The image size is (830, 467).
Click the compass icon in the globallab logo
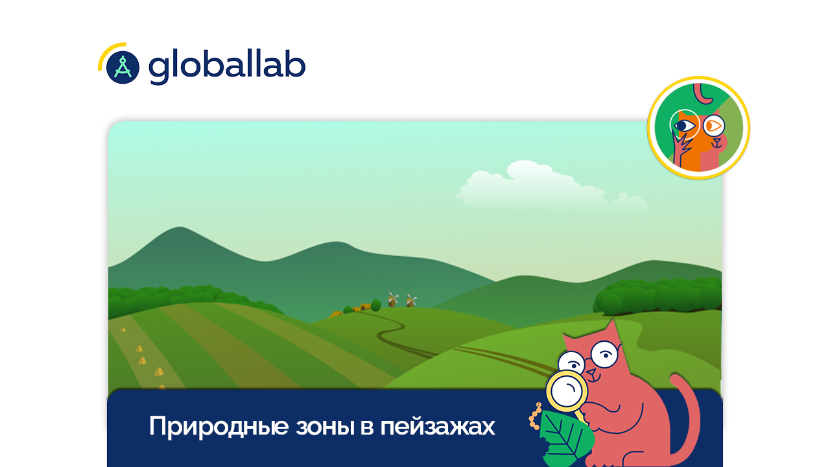point(123,67)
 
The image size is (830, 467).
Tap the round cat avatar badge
point(698,128)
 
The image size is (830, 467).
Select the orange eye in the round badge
point(713,126)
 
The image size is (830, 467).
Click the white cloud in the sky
point(549,186)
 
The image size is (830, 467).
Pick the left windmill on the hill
point(393,300)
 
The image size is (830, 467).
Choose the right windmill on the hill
point(410,300)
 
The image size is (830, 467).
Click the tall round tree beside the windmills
point(375,305)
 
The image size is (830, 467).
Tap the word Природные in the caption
point(219,427)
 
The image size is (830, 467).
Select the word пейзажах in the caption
point(438,427)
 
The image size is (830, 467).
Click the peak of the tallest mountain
point(180,227)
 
